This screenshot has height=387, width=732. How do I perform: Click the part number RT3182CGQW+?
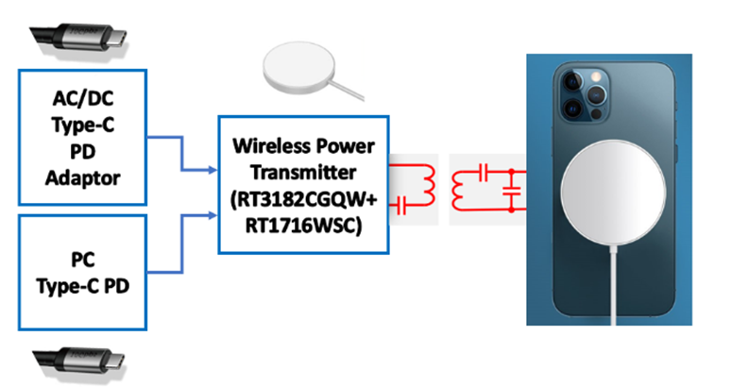coord(302,199)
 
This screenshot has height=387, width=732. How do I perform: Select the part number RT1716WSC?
coord(302,224)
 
